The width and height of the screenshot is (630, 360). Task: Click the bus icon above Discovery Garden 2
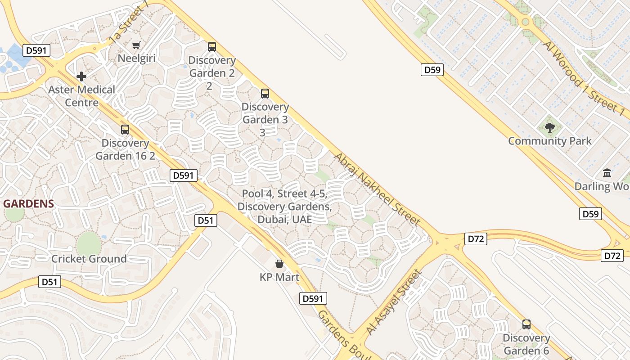pos(211,46)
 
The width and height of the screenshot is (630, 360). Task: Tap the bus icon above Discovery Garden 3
pos(265,94)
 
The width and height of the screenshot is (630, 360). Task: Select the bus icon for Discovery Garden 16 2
pos(125,130)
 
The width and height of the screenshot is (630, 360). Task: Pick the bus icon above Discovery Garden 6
pos(526,324)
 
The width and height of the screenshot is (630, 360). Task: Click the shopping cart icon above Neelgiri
pos(136,45)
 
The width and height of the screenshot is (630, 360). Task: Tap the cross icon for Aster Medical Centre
pos(81,76)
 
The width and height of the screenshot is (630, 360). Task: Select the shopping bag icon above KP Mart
pos(279,263)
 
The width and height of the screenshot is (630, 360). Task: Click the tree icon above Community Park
pos(549,128)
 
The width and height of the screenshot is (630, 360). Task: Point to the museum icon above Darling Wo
pos(607,173)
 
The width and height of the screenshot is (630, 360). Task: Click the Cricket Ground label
pos(89,259)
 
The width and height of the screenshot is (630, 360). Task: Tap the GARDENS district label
pos(28,204)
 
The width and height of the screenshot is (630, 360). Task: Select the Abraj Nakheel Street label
pos(377,189)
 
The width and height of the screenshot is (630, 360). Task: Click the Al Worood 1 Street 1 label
pos(584,77)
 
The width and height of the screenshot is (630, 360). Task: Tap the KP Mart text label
pos(279,277)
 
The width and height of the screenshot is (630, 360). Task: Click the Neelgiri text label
pos(136,58)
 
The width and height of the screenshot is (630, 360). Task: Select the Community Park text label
pos(550,141)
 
